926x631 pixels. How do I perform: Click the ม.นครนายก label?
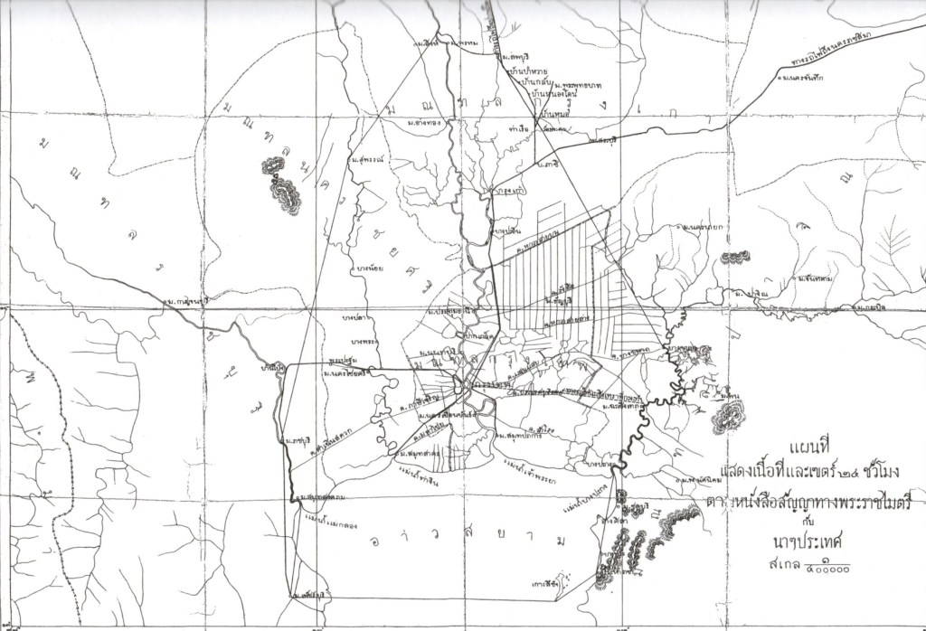[702, 225]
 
